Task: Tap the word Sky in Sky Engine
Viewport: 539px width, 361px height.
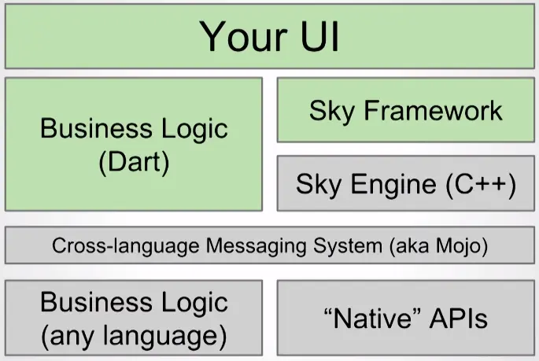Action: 319,185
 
